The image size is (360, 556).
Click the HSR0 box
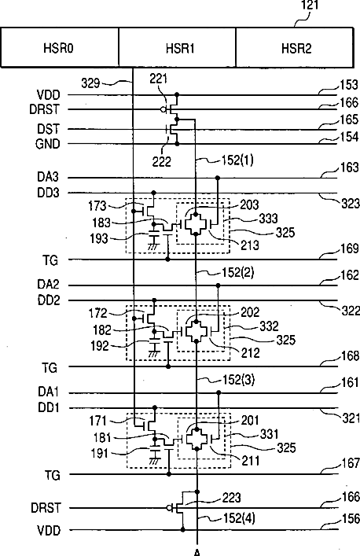[60, 47]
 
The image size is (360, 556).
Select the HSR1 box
[177, 47]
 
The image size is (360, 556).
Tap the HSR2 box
[295, 47]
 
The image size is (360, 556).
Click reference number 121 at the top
[310, 5]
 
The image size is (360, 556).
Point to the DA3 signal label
[48, 177]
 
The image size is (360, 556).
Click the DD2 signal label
[49, 300]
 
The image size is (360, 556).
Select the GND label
[47, 144]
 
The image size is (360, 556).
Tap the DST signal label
[48, 128]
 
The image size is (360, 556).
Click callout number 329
[90, 83]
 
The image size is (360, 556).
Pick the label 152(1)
[237, 160]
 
